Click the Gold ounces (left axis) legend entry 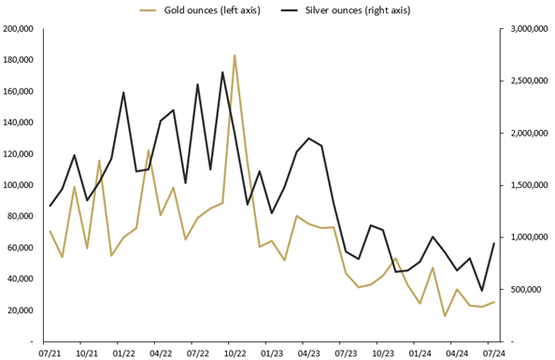pyautogui.click(x=206, y=10)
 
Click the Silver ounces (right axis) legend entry pyautogui.click(x=355, y=10)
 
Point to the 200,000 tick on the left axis pyautogui.click(x=19, y=29)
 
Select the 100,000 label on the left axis pyautogui.click(x=19, y=185)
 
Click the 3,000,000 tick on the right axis pyautogui.click(x=529, y=29)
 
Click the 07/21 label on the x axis pyautogui.click(x=50, y=353)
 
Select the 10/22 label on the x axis pyautogui.click(x=235, y=353)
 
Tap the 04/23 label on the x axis pyautogui.click(x=308, y=353)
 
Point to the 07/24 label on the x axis pyautogui.click(x=494, y=353)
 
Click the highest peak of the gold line pyautogui.click(x=235, y=55)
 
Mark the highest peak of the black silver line pyautogui.click(x=222, y=72)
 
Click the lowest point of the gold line pyautogui.click(x=445, y=316)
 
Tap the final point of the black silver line pyautogui.click(x=494, y=243)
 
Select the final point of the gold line pyautogui.click(x=494, y=302)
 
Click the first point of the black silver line pyautogui.click(x=50, y=206)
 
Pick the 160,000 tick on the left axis pyautogui.click(x=19, y=92)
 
